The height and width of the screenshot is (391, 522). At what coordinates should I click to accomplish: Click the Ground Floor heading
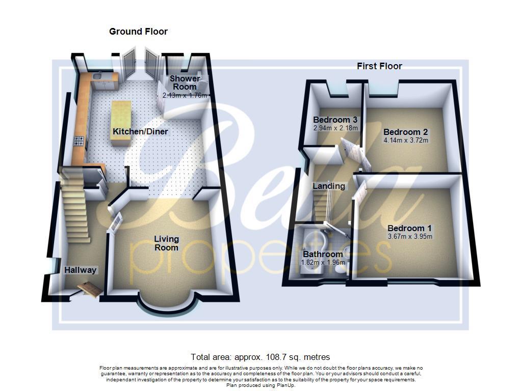coord(138,32)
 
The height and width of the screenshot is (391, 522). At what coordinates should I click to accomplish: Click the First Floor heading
coord(379,66)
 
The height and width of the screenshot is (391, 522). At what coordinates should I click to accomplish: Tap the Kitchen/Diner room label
coord(140,132)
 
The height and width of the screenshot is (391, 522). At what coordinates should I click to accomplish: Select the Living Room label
coord(167,243)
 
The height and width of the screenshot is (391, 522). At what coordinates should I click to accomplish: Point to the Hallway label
coord(81,270)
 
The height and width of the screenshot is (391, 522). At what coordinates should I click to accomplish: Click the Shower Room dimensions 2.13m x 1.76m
coord(185,95)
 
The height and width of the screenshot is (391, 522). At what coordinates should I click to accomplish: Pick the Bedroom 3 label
coord(335,120)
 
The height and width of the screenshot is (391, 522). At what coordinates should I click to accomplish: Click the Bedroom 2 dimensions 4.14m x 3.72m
coord(406,140)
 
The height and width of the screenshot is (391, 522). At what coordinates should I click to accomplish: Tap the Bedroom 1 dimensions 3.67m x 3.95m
coord(410,236)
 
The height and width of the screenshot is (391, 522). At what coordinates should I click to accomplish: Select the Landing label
coord(328,186)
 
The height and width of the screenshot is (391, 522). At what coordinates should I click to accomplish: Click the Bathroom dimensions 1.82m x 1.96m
coord(323,262)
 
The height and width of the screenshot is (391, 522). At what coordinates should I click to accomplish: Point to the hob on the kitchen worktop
coord(80,142)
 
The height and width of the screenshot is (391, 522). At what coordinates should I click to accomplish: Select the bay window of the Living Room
coord(166,304)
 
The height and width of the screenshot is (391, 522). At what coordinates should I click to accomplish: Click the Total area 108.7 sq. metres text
coord(260,357)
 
